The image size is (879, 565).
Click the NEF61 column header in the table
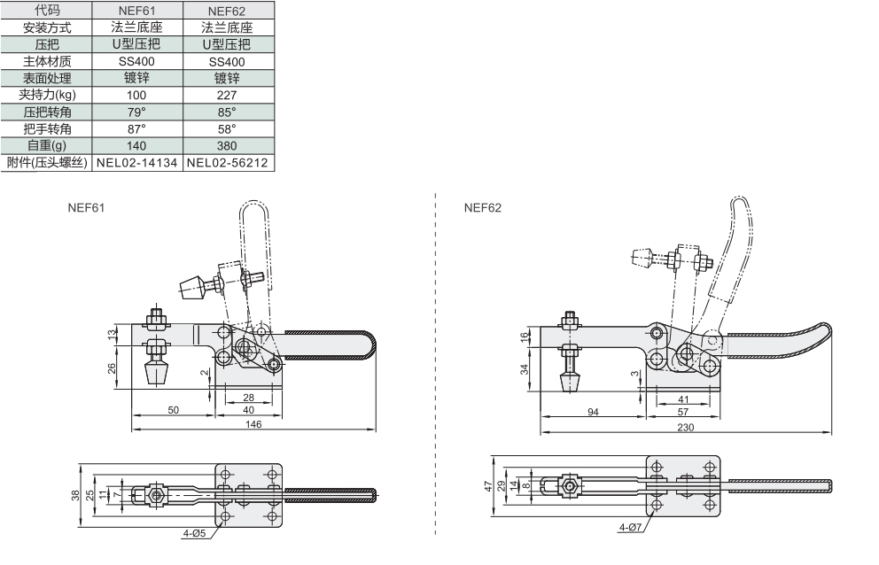(x=136, y=11)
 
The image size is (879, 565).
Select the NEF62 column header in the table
(x=227, y=11)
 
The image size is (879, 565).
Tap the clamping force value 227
(x=227, y=96)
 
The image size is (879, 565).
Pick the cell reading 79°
(x=136, y=112)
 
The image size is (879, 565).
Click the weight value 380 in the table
(x=227, y=146)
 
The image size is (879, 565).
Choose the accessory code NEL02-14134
(x=136, y=163)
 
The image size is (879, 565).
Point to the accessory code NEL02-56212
(x=227, y=163)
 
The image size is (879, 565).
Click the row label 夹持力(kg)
(x=47, y=95)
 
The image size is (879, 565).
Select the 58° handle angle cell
(x=227, y=129)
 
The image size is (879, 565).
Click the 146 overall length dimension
(x=253, y=424)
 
